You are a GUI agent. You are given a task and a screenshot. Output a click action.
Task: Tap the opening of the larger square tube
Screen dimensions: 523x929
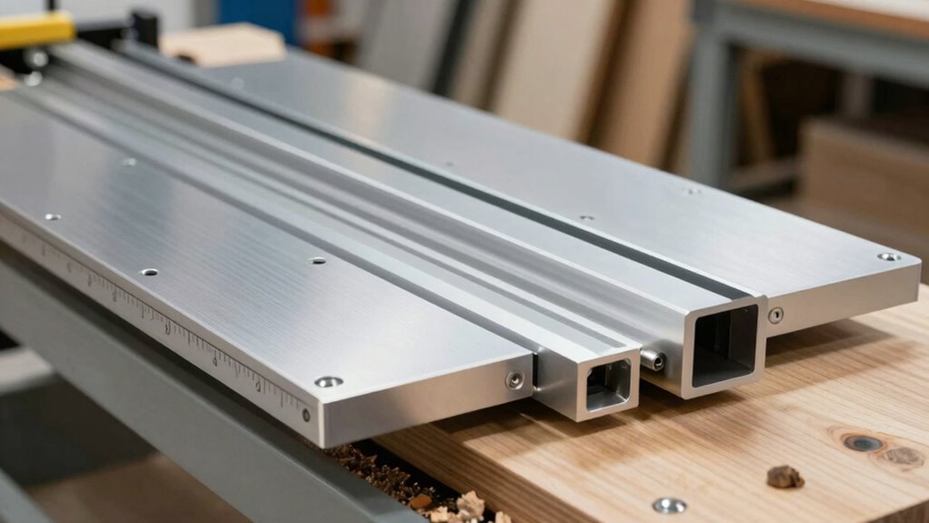pos(724,345)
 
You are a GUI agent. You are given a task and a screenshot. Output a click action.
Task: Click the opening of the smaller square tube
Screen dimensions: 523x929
pos(608,383)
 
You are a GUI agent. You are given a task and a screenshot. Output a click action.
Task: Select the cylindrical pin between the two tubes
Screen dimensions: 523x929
pos(652,360)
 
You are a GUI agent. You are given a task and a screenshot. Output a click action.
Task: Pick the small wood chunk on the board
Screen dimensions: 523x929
pos(784,476)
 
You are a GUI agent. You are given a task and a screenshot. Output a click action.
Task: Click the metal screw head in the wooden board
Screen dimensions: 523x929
pos(669,505)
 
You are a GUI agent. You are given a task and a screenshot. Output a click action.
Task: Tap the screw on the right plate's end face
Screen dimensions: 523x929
pos(774,315)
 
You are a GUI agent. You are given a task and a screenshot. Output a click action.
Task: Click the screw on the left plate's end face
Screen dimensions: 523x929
pos(514,380)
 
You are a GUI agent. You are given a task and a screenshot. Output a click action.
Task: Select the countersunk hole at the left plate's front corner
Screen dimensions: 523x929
pos(329,382)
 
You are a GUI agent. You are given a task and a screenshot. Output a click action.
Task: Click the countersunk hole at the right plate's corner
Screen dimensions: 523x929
pos(887,257)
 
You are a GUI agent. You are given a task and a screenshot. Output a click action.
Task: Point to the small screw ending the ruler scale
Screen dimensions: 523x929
pos(305,415)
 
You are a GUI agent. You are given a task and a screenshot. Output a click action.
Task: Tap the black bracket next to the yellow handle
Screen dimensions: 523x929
pos(144,27)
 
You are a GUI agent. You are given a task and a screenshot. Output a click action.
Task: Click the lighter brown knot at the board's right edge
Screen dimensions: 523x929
pos(904,456)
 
